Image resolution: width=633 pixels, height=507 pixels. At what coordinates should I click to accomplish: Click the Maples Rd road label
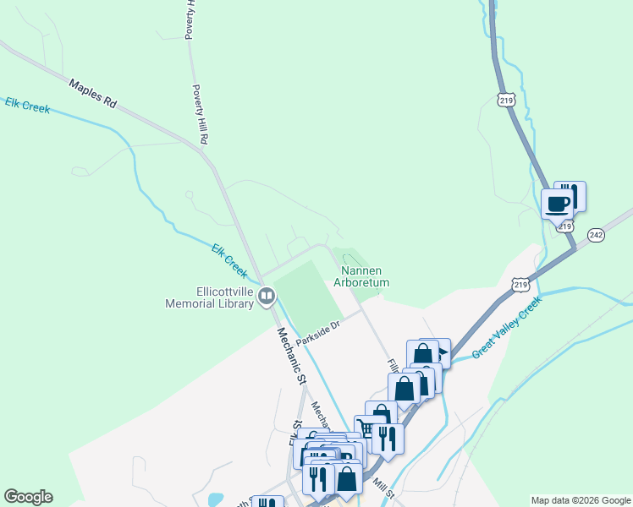(x=93, y=93)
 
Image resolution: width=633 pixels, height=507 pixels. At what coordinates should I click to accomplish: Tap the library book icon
(x=267, y=296)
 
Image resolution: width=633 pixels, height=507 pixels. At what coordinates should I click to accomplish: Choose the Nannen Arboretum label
(x=361, y=277)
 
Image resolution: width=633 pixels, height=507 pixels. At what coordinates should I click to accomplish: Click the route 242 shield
(x=597, y=235)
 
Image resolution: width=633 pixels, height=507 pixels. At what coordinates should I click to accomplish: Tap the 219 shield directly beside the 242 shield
(x=566, y=226)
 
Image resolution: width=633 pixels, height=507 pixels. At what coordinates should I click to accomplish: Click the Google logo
(x=28, y=497)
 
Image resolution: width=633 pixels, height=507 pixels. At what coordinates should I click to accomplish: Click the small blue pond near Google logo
(x=214, y=499)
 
